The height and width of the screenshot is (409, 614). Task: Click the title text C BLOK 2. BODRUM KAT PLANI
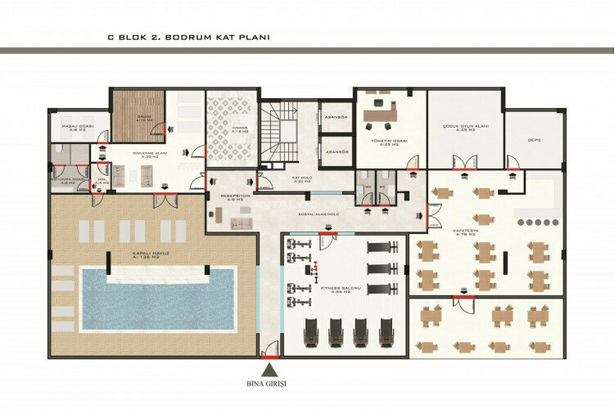[x=189, y=37]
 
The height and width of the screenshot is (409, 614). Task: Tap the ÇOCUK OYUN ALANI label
[x=465, y=128]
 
